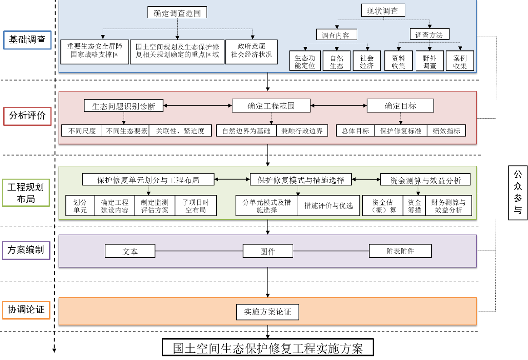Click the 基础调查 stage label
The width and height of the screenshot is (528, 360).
[x=27, y=40]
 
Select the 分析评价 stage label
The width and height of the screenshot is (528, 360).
[x=27, y=116]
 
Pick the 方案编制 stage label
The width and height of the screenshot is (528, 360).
[x=26, y=250]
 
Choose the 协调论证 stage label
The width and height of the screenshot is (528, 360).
[x=26, y=310]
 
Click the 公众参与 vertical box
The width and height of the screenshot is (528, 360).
[x=518, y=193]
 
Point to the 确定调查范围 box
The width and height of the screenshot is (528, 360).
[x=177, y=13]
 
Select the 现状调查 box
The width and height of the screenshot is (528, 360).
[x=382, y=11]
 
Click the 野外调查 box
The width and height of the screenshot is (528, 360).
[x=429, y=61]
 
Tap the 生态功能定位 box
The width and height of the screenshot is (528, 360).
[x=304, y=61]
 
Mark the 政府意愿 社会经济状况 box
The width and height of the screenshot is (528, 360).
[x=251, y=50]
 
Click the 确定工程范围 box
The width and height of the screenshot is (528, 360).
[x=271, y=105]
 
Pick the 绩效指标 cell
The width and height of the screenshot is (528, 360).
[x=446, y=130]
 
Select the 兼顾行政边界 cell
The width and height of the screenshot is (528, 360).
[x=301, y=130]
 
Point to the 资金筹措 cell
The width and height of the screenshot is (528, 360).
[x=414, y=205]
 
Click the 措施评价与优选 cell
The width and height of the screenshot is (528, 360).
[x=328, y=205]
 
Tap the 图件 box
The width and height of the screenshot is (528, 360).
[x=268, y=251]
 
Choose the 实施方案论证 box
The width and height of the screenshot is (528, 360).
[x=267, y=312]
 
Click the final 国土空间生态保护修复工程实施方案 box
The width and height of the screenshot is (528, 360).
[x=268, y=348]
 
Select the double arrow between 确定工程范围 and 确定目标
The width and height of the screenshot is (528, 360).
[x=339, y=105]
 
